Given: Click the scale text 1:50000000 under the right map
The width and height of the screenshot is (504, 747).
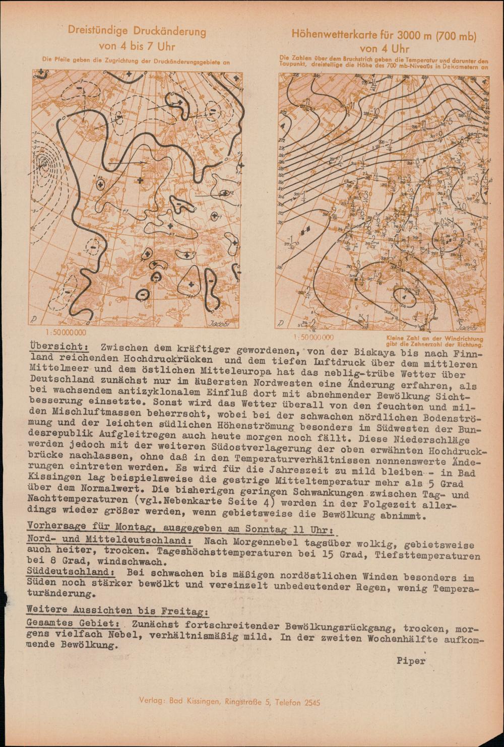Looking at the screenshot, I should pyautogui.click(x=313, y=336).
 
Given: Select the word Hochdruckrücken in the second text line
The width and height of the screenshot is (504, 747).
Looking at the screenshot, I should pyautogui.click(x=179, y=361).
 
